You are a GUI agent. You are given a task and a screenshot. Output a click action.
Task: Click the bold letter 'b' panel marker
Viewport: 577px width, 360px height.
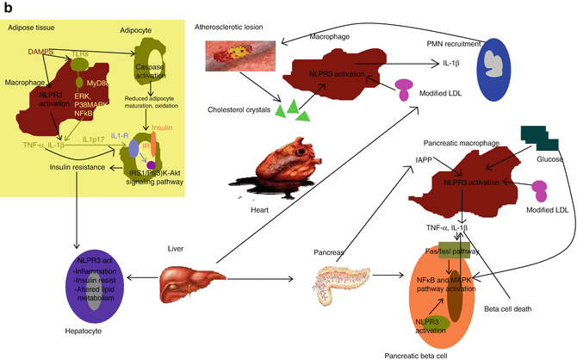point(6,7)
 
